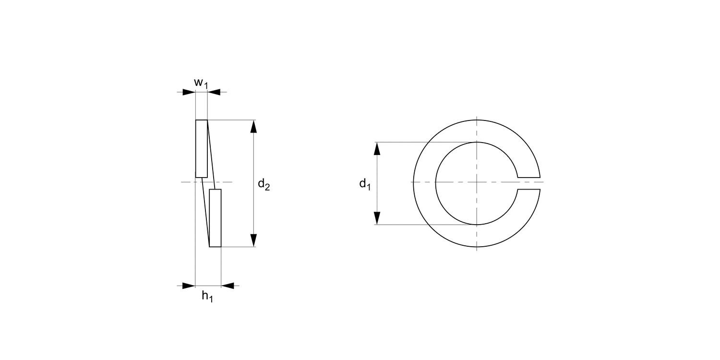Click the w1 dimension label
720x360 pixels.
201,83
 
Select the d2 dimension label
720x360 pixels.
264,184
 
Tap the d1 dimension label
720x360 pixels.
365,184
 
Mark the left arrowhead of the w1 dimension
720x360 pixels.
189,92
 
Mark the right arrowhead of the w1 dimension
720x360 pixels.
214,92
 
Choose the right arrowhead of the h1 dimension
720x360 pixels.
228,286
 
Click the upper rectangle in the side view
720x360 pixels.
202,148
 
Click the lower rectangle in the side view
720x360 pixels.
216,218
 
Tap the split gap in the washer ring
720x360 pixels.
529,183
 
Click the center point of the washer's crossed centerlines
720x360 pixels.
477,182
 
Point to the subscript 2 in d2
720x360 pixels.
267,188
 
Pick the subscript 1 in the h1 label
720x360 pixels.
210,300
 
